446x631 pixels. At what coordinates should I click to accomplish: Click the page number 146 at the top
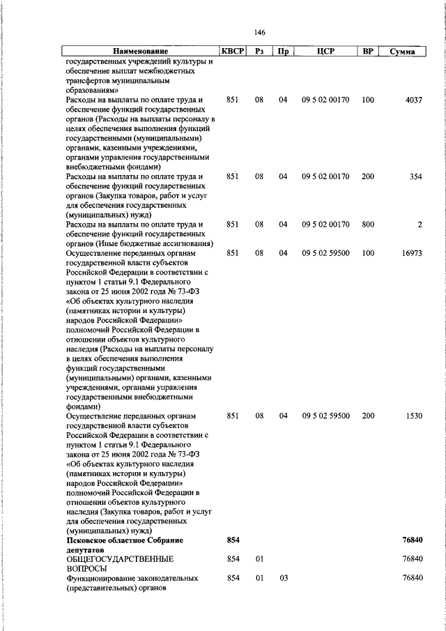tap(260, 33)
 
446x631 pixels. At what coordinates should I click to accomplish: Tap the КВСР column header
tap(232, 52)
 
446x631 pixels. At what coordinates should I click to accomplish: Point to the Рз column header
tap(259, 52)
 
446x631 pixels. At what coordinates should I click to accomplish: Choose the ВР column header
tap(367, 52)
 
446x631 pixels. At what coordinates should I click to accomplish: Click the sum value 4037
tap(414, 100)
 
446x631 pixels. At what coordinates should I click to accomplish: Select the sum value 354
tap(416, 177)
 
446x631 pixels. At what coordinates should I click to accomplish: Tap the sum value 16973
tap(412, 254)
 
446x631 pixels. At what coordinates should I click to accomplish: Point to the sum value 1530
tap(414, 416)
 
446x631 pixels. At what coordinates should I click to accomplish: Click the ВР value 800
tap(367, 225)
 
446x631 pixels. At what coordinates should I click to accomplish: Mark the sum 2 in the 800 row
tap(420, 225)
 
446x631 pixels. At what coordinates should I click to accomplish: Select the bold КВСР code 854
tap(233, 540)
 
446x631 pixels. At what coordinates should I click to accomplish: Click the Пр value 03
tap(283, 579)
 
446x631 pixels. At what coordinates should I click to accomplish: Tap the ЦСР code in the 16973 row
tap(325, 254)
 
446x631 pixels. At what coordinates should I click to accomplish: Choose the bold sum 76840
tap(413, 540)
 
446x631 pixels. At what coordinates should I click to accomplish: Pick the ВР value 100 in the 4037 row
tap(367, 100)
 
